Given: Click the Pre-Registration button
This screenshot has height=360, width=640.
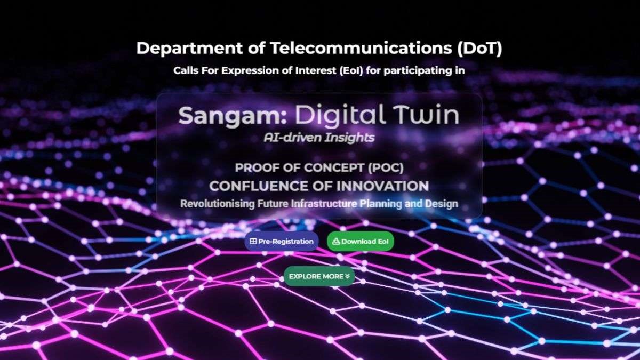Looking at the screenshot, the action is (282, 242).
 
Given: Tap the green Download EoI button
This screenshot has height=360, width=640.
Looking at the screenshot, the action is (361, 242).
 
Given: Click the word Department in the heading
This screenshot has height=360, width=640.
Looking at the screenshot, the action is (189, 48).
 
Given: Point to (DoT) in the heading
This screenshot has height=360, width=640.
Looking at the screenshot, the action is (479, 48).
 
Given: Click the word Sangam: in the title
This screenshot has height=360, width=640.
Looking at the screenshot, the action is (233, 116).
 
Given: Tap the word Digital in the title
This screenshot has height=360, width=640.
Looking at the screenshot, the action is (339, 115).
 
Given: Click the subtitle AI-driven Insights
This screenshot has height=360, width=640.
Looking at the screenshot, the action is (319, 138).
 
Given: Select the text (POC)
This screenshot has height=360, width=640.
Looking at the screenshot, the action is (386, 167).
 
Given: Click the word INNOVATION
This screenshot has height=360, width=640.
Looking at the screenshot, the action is (382, 186).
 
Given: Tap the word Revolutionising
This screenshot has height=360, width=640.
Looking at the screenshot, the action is (218, 204).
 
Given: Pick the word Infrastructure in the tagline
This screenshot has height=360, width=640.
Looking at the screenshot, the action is (324, 204).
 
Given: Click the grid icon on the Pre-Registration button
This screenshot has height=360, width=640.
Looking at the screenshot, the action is (253, 242).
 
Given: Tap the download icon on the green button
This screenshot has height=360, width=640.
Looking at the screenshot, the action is (337, 242).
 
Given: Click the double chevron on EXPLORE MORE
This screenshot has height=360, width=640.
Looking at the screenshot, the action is (347, 276).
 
